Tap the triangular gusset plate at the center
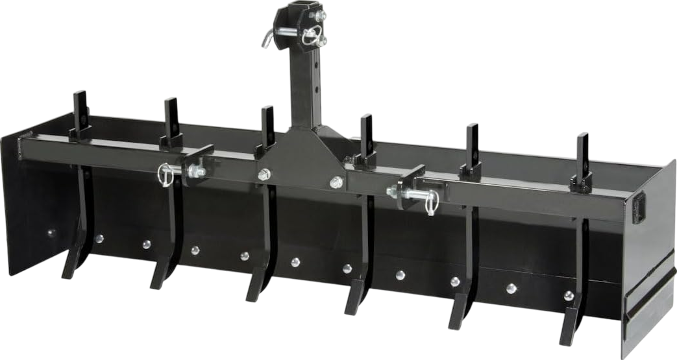[x=300, y=159]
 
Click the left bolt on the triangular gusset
[x=264, y=174]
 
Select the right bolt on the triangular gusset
[x=336, y=183]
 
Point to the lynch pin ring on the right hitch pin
[x=432, y=203]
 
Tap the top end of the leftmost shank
[x=81, y=102]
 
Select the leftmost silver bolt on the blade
[x=51, y=233]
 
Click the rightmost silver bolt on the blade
[x=569, y=296]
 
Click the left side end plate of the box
[x=29, y=208]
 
